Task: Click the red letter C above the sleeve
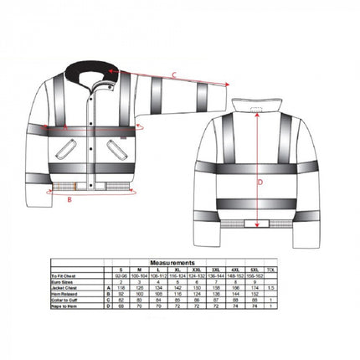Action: (173, 75)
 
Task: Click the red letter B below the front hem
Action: (69, 200)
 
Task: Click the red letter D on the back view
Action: (260, 180)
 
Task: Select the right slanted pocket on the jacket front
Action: (111, 147)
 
